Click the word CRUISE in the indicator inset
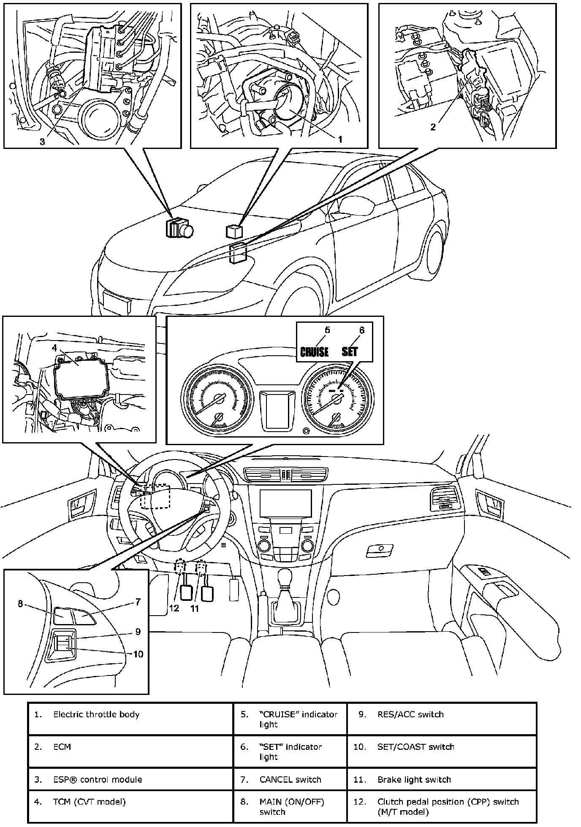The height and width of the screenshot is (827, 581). click(314, 351)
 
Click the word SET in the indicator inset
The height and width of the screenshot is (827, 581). click(350, 351)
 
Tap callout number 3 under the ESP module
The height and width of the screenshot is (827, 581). click(42, 142)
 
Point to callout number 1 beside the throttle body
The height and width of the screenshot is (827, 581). click(340, 138)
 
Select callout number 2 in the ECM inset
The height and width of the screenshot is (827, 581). click(433, 127)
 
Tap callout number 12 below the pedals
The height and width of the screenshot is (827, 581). click(174, 608)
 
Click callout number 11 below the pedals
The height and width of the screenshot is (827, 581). click(194, 608)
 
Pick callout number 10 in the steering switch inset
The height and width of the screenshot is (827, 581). click(138, 654)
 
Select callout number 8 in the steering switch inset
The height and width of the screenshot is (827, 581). click(20, 604)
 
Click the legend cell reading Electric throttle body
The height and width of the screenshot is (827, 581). click(96, 714)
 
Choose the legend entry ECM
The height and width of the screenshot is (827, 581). click(62, 747)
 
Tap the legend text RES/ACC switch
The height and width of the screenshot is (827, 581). click(410, 714)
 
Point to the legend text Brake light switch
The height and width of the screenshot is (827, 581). click(414, 780)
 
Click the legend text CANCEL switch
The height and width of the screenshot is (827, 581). click(290, 780)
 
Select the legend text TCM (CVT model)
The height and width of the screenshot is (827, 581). click(90, 802)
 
